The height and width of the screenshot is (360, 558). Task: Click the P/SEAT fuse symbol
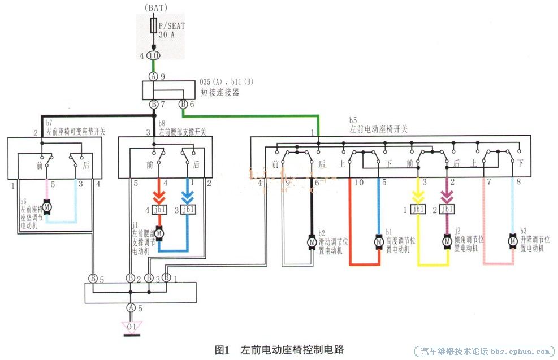tap(153, 26)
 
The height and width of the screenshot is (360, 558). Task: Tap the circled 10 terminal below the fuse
tap(153, 56)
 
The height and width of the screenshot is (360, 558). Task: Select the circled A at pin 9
tap(153, 76)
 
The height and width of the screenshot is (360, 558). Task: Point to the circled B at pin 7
tap(153, 105)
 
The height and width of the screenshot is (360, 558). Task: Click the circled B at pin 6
tap(183, 105)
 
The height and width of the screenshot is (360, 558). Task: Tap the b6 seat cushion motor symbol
tap(47, 207)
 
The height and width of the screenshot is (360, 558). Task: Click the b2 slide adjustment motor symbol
tap(312, 242)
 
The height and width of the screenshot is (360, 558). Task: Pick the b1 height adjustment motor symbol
tap(378, 242)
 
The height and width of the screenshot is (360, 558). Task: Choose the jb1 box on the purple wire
tap(447, 210)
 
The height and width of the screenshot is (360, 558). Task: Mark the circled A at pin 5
tap(131, 307)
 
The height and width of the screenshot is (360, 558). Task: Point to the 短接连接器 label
tap(220, 92)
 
